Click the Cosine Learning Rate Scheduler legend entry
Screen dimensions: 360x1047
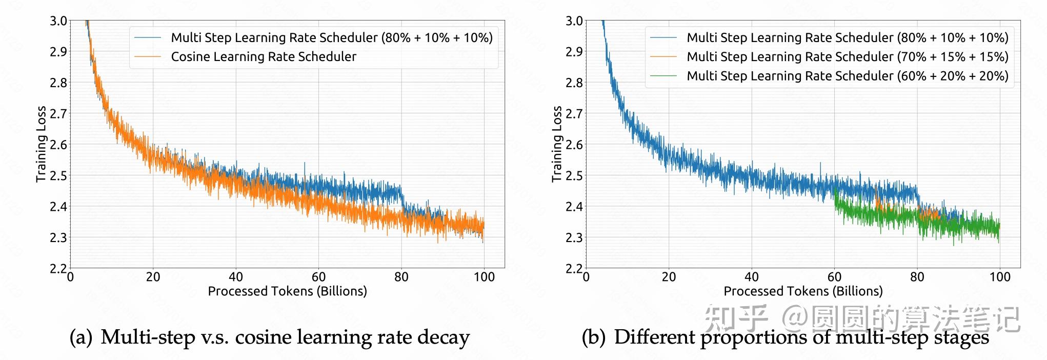click(264, 56)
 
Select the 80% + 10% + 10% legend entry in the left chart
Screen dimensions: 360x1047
click(331, 37)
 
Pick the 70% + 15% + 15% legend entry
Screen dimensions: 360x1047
click(847, 56)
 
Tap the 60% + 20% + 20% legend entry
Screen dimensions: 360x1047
click(847, 76)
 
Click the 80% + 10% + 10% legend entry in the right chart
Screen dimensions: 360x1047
click(847, 37)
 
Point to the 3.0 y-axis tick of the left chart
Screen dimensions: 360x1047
click(58, 21)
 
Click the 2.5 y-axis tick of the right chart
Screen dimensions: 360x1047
click(574, 175)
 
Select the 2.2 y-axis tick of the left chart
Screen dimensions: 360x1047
click(58, 268)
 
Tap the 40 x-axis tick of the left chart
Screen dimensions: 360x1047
click(236, 277)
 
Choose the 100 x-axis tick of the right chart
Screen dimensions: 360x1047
click(999, 277)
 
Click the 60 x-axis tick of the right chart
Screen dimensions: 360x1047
click(834, 277)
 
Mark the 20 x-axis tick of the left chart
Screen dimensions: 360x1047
click(153, 277)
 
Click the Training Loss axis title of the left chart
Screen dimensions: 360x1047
click(41, 144)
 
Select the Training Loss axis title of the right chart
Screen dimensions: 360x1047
click(557, 144)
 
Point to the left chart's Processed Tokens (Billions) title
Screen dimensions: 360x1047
click(287, 291)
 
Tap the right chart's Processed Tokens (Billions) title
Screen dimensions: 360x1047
click(803, 291)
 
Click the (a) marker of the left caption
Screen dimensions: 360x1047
click(81, 337)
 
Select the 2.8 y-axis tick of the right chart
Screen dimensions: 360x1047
click(574, 83)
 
